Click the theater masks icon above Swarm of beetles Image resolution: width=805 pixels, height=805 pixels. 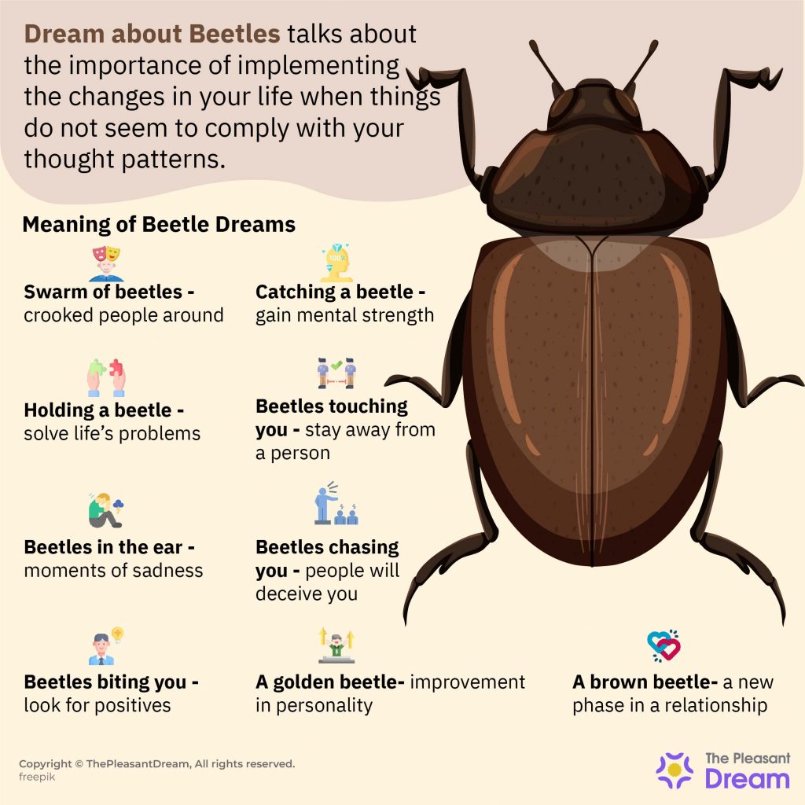pyautogui.click(x=106, y=263)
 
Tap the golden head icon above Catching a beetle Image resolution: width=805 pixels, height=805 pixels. pyautogui.click(x=336, y=263)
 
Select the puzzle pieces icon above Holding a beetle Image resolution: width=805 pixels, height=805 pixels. pyautogui.click(x=106, y=378)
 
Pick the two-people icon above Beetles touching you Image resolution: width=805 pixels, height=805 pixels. pyautogui.click(x=336, y=373)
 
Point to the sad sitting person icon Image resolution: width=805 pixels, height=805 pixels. pyautogui.click(x=106, y=511)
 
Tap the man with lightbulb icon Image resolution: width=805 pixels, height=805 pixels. pyautogui.click(x=106, y=646)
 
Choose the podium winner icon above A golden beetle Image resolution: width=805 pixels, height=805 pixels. pyautogui.click(x=336, y=645)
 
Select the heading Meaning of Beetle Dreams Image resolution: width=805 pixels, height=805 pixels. pyautogui.click(x=159, y=224)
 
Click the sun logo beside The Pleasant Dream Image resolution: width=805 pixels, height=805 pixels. pyautogui.click(x=675, y=770)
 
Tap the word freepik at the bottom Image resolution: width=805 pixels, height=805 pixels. pyautogui.click(x=37, y=777)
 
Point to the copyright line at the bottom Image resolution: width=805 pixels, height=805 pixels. pyautogui.click(x=157, y=763)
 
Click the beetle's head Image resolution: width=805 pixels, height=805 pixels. pyautogui.click(x=594, y=105)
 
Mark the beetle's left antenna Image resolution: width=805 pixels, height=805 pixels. pyautogui.click(x=548, y=66)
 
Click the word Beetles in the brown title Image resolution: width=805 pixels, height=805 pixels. pyautogui.click(x=234, y=34)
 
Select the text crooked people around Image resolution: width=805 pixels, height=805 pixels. pyautogui.click(x=123, y=315)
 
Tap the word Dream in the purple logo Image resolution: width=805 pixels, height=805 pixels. pyautogui.click(x=747, y=779)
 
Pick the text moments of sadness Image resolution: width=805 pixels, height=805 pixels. pyautogui.click(x=113, y=571)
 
